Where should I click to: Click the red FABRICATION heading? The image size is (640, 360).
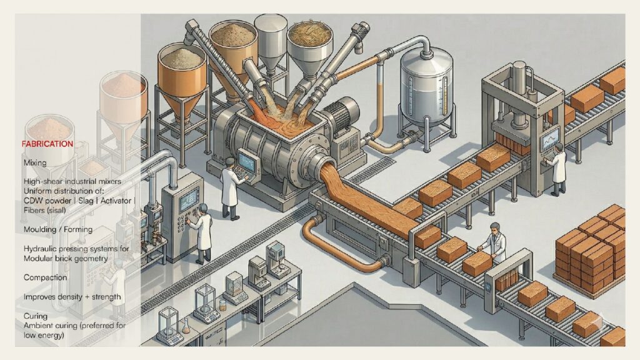coord(47,144)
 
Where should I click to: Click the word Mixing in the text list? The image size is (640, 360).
coord(35,163)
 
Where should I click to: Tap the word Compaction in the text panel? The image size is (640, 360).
coord(45,277)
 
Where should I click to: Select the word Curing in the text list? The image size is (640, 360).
coord(36,316)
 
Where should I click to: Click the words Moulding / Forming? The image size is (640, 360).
coord(58,229)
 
